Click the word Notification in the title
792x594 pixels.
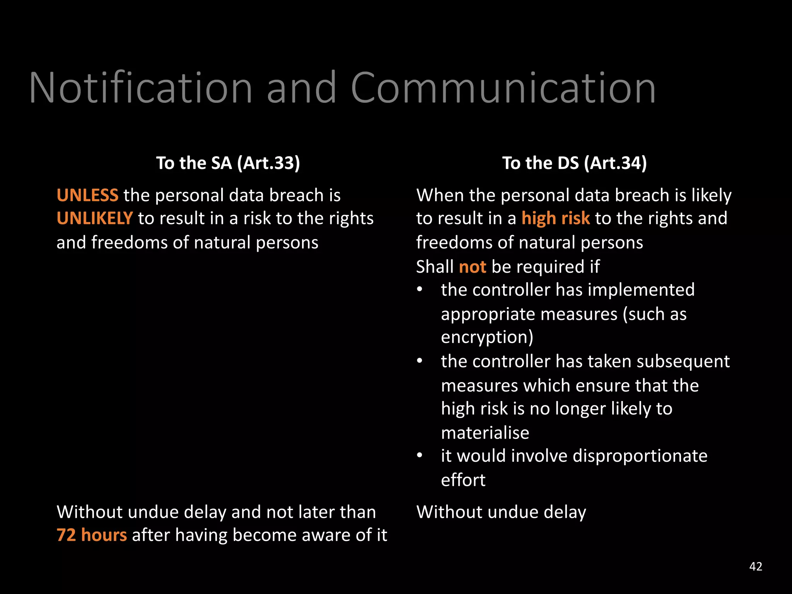tap(141, 88)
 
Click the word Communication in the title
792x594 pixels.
tap(503, 88)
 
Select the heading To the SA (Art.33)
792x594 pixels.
tap(228, 163)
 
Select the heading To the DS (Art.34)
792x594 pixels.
tap(574, 163)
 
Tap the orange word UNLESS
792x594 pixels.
tap(87, 195)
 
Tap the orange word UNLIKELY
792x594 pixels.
tap(95, 218)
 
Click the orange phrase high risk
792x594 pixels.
tap(556, 218)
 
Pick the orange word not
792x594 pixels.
tap(472, 267)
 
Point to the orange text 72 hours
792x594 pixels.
tap(92, 535)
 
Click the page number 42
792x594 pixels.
tap(756, 567)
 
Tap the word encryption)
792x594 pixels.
tap(487, 337)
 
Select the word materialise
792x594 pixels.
tap(485, 433)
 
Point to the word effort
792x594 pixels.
tap(463, 480)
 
